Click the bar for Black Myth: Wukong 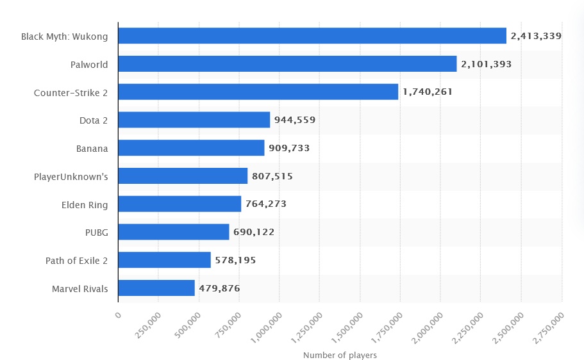click(312, 36)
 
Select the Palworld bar click(287, 64)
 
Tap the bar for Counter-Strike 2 click(258, 92)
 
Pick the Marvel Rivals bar click(156, 288)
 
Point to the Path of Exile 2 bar click(164, 260)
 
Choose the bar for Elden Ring click(179, 204)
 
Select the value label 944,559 click(295, 120)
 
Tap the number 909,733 click(289, 148)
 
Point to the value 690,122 click(254, 232)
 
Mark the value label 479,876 click(219, 288)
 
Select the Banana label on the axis click(92, 148)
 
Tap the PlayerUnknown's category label click(72, 176)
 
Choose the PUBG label click(96, 232)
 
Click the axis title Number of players click(340, 355)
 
